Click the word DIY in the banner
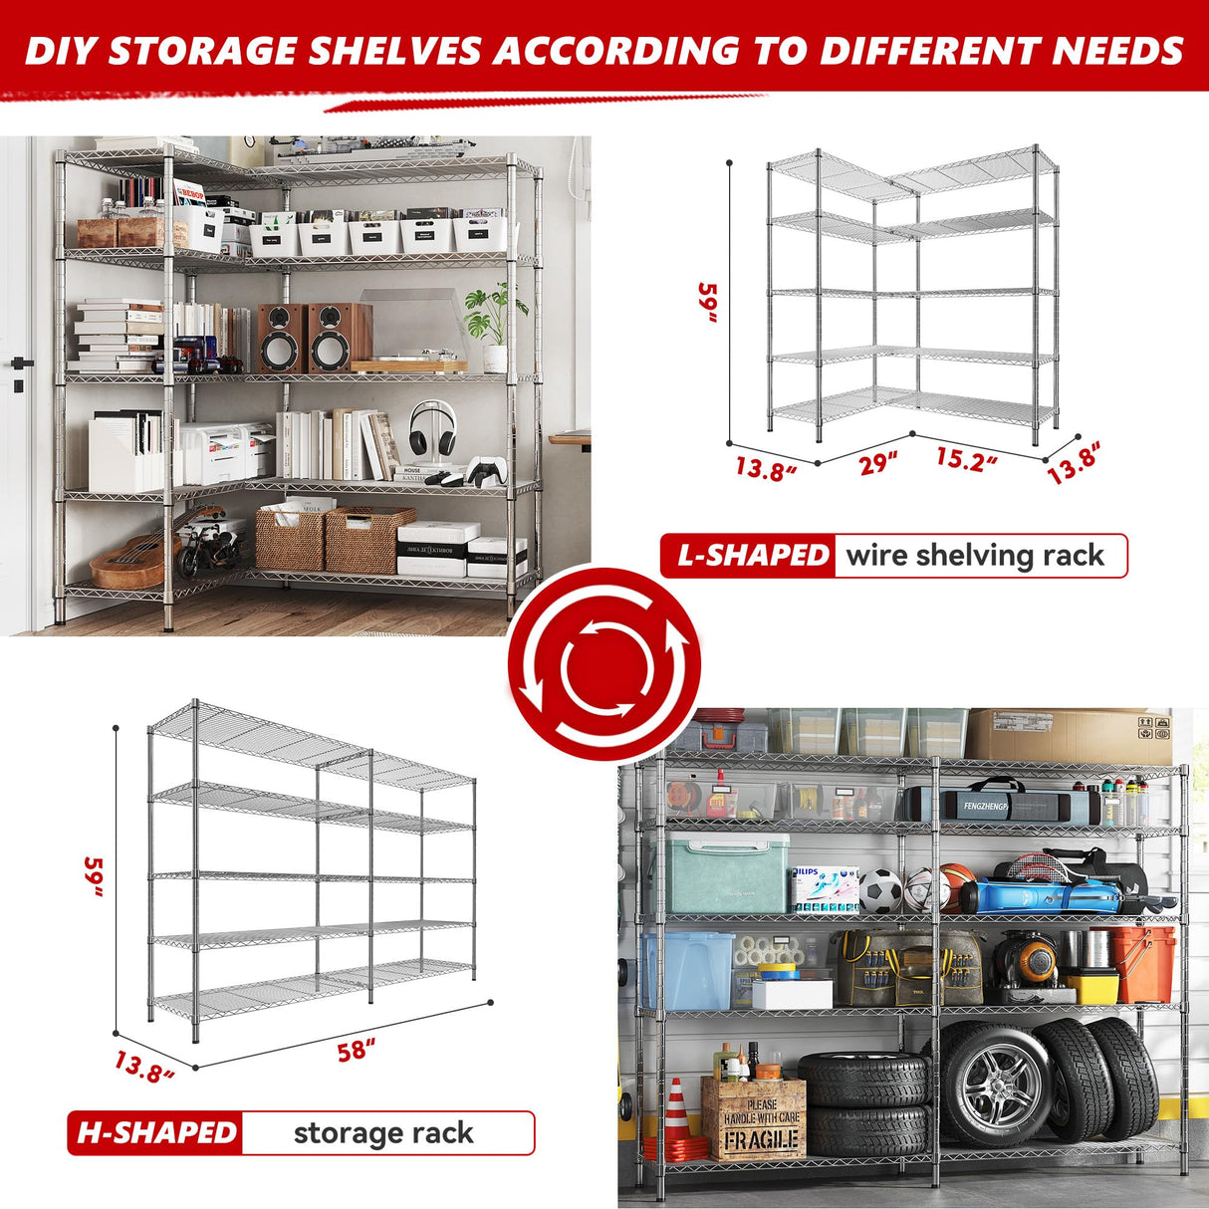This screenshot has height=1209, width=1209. coord(61,52)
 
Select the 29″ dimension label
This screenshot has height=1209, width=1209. coord(878,463)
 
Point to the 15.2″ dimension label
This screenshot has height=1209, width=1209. coord(966,460)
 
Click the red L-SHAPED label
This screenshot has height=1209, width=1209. coord(752,556)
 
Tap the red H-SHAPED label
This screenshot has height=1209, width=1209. coord(157,1132)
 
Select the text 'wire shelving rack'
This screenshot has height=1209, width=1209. coord(975,556)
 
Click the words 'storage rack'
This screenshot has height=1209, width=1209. coord(383,1132)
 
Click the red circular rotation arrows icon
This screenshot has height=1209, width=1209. coord(604,663)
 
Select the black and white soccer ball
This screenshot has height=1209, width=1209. coord(879,891)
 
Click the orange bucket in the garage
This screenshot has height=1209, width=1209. coord(1143,963)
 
